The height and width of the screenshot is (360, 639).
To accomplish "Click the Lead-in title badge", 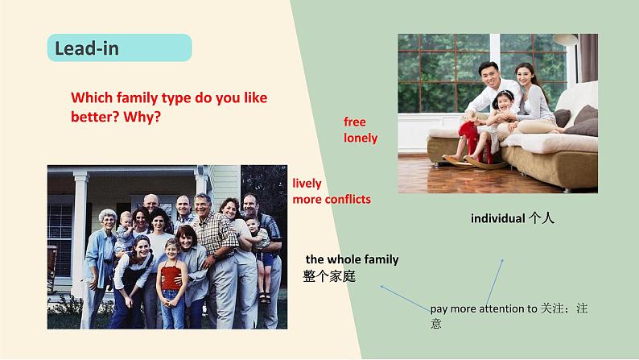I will point(119,48).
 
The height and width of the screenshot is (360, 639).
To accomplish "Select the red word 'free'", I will point(355,122).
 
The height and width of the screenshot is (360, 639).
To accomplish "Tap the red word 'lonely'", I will point(361,138).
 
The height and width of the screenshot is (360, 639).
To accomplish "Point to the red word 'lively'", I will point(307,183).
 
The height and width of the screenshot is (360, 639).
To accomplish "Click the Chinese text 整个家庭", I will point(329,276).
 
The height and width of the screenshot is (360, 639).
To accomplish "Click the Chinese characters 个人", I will point(542,218).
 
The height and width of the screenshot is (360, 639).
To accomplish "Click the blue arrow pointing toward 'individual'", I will point(493,282).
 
